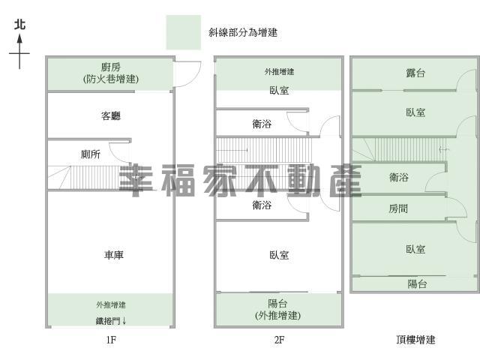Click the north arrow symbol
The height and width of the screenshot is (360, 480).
19,51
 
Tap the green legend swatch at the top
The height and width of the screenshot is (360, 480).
183,32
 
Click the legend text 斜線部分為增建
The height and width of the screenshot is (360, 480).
243,32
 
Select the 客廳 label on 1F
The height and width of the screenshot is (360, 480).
111,115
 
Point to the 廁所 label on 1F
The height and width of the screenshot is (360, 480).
91,154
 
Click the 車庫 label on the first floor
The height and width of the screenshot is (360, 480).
113,255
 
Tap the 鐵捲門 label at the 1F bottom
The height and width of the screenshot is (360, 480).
103,321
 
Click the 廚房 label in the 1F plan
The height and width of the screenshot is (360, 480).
111,67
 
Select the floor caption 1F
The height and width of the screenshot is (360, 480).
111,340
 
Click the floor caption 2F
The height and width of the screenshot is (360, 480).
279,340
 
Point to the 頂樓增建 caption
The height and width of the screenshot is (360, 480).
415,340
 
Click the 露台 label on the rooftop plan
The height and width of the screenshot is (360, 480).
415,73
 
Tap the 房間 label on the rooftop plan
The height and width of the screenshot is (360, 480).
398,208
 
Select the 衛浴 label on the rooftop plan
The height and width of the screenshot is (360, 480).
398,177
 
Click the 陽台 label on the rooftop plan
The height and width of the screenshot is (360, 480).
417,284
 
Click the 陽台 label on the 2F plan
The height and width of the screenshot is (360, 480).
277,304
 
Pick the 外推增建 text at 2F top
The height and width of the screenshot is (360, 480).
279,72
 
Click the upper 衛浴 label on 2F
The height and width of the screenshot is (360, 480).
262,124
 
